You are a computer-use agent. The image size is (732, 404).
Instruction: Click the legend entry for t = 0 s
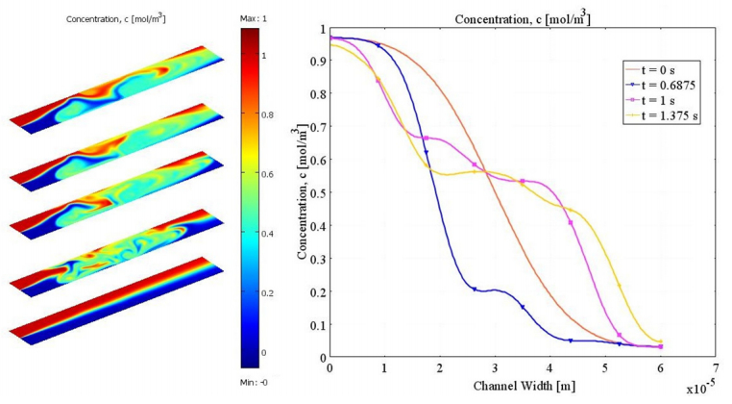coord(663,69)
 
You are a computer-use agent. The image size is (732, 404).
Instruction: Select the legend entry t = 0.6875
coord(669,85)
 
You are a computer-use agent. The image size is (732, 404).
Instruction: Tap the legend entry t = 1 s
coord(663,100)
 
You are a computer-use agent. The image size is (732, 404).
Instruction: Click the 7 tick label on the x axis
coord(716,368)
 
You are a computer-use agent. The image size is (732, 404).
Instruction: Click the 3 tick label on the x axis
coord(496,368)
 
